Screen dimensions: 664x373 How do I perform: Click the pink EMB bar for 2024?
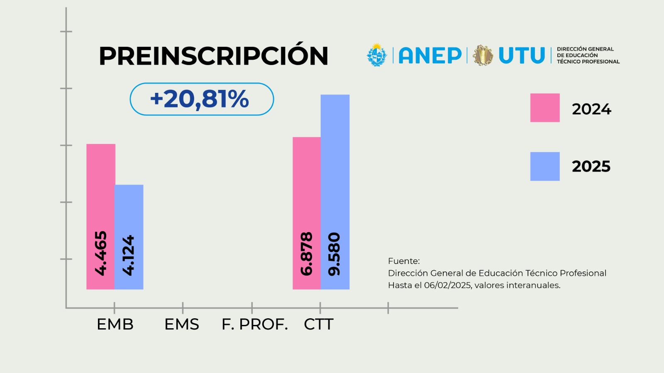tap(100, 216)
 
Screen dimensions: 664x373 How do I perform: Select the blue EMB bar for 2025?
tap(129, 237)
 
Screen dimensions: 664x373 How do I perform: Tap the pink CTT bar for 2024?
tap(307, 213)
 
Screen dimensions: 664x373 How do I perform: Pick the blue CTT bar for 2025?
tap(335, 192)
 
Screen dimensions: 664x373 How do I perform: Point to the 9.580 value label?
tap(334, 254)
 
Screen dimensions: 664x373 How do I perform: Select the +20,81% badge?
tap(202, 99)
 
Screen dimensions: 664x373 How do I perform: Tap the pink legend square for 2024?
tap(545, 108)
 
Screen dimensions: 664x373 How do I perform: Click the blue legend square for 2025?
tap(545, 166)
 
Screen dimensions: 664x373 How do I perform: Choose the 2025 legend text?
tap(591, 166)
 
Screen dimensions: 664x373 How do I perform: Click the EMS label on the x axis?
tap(182, 324)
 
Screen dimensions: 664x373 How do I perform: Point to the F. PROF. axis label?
tap(255, 324)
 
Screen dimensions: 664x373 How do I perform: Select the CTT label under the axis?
tap(319, 324)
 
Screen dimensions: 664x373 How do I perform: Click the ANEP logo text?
tap(430, 56)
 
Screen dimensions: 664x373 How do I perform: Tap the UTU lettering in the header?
tap(522, 56)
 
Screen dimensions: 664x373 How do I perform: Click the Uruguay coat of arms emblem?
tap(377, 55)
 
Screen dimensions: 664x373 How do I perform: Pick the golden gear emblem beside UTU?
tap(483, 56)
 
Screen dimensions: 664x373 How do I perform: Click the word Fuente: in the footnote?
tap(404, 261)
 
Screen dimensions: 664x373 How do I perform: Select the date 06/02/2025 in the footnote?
tap(448, 286)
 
